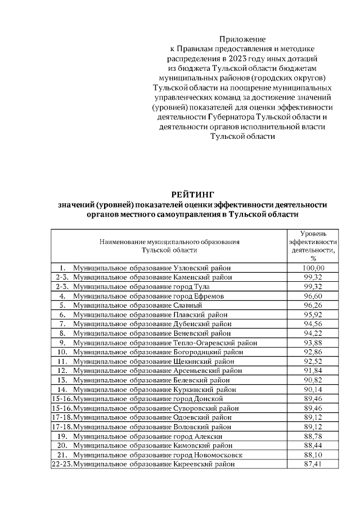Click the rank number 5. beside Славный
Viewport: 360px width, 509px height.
click(62, 305)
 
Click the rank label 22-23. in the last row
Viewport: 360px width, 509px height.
click(61, 464)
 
